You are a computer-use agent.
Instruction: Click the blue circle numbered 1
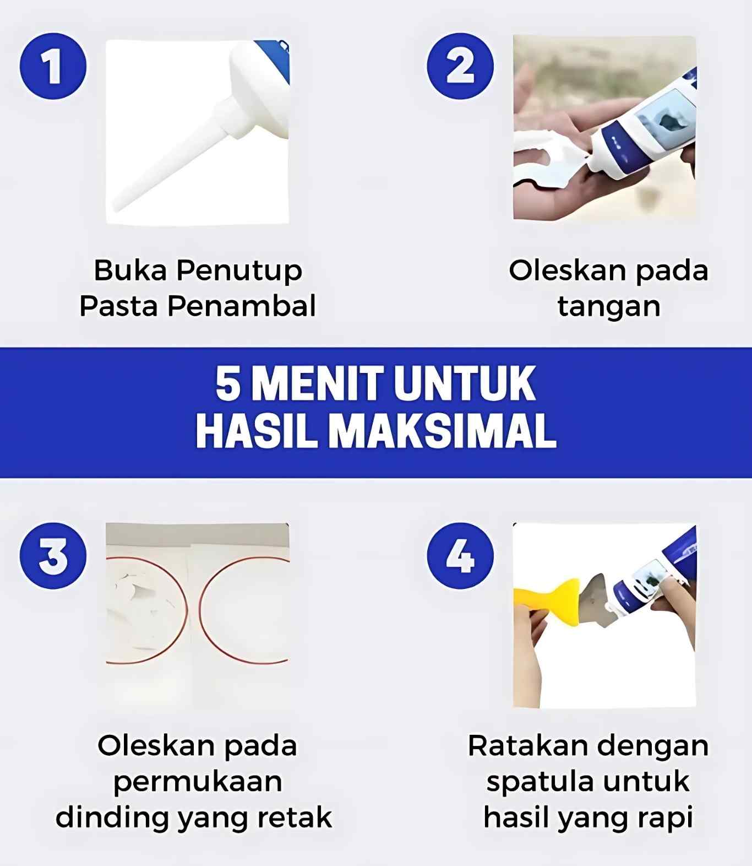coord(53,66)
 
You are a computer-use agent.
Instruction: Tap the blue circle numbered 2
coord(460,66)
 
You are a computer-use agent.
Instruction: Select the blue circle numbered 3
coord(53,556)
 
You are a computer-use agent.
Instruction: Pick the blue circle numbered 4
coord(460,556)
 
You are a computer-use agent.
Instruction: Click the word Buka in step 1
coord(130,270)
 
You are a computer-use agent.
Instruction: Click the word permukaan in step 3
coord(198,782)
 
